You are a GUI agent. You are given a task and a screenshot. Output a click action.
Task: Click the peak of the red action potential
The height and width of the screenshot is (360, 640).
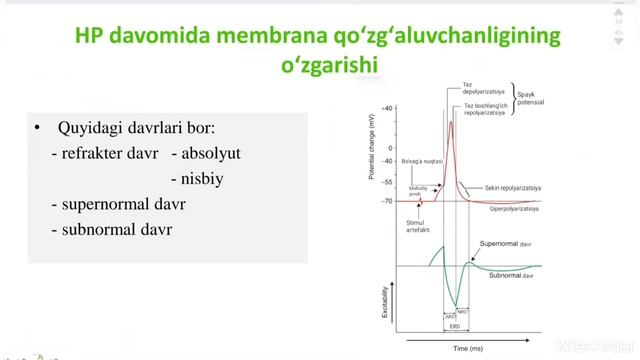(451, 122)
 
